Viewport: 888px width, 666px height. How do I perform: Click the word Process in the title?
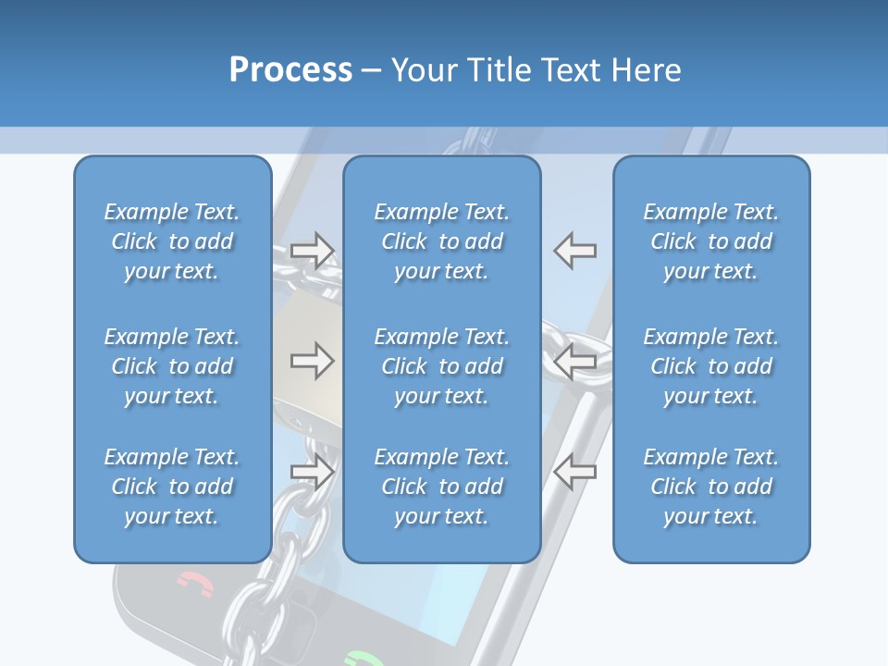(290, 70)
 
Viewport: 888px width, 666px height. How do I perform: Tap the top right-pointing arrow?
(312, 250)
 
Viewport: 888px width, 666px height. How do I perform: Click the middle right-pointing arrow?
(312, 361)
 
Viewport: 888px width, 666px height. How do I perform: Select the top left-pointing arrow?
(575, 250)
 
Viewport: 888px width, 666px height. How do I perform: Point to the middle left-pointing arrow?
(575, 361)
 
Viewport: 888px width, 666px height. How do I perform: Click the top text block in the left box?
(172, 241)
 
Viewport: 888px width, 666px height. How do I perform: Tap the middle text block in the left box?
(172, 366)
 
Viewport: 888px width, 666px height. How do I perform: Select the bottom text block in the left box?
(172, 487)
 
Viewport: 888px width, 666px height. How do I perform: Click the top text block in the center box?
(442, 241)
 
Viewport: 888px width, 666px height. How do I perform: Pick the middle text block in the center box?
(442, 366)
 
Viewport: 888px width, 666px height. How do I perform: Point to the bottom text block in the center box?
(442, 487)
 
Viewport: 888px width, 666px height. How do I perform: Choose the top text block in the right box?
(711, 241)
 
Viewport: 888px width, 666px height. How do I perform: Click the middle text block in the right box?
(711, 366)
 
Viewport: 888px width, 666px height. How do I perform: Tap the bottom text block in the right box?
(711, 487)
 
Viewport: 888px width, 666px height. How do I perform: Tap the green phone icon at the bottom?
(364, 659)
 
